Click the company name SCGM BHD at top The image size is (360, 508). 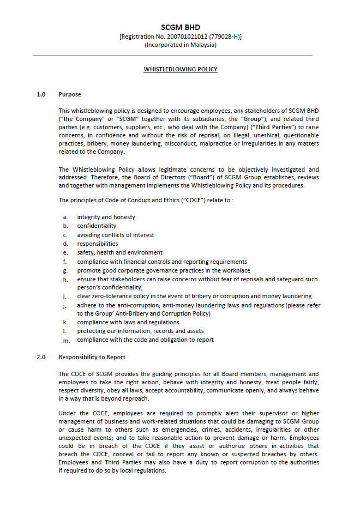[x=180, y=27]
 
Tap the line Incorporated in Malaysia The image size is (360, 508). [x=180, y=45]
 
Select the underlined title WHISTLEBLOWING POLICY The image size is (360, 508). [x=180, y=70]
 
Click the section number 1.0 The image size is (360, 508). [x=41, y=94]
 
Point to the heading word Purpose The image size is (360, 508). [x=70, y=94]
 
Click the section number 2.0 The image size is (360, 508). [x=41, y=357]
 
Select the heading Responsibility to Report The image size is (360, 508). [x=92, y=357]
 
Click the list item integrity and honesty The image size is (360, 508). [x=106, y=217]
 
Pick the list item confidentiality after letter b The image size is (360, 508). [x=97, y=226]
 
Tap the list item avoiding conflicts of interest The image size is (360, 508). [x=115, y=235]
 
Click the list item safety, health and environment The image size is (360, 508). [x=119, y=252]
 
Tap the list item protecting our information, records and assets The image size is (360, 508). [x=140, y=331]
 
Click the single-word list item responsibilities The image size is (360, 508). [x=97, y=244]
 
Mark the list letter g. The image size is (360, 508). [x=65, y=270]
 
